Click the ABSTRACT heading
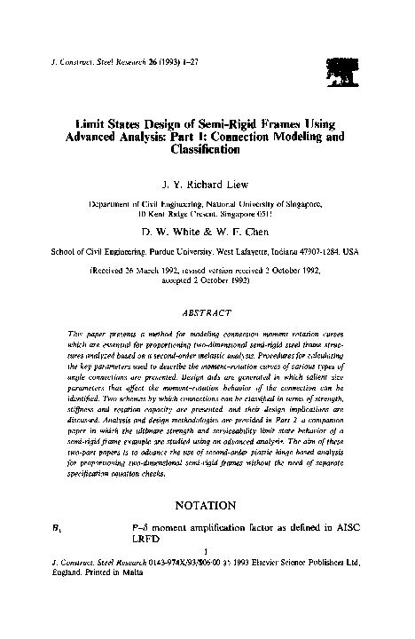(x=206, y=312)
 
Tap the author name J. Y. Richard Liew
(x=207, y=187)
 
